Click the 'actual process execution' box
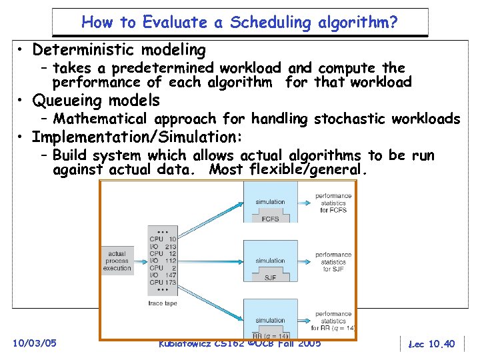tap(118, 260)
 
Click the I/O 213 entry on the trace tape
tap(163, 247)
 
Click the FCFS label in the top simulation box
tap(270, 218)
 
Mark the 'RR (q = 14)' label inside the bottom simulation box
tap(270, 335)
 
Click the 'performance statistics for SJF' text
tap(333, 261)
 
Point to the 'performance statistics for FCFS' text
tap(333, 203)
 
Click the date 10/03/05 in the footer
tap(34, 343)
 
